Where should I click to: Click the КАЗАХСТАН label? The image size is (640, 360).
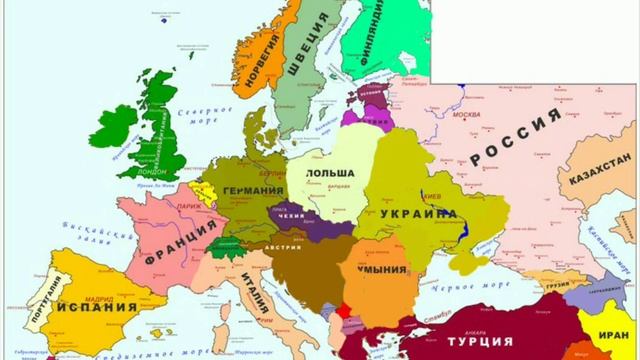[600, 170]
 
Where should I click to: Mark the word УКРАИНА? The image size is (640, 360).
[419, 215]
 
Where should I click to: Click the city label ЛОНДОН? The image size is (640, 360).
[158, 171]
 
